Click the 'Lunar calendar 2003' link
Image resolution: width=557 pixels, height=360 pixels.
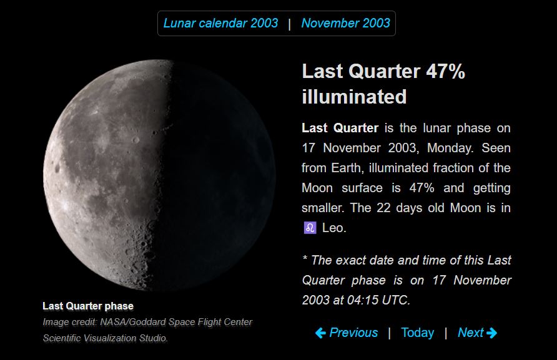[x=220, y=24]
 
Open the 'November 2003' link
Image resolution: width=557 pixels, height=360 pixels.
[x=346, y=24]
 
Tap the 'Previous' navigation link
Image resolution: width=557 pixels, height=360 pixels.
[x=353, y=333]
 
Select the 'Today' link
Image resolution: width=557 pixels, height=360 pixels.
[x=417, y=333]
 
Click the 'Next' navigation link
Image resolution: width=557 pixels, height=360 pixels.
[x=470, y=333]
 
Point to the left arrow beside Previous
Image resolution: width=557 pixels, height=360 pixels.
[x=320, y=333]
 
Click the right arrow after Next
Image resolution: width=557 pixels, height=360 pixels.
[x=491, y=333]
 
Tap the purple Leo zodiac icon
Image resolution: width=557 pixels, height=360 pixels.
[x=310, y=228]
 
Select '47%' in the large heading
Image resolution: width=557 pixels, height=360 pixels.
[x=445, y=71]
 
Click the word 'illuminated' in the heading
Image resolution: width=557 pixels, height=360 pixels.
[x=354, y=97]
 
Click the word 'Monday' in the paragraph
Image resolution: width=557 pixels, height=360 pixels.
[x=449, y=148]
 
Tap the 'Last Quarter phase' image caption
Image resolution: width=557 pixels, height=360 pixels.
[x=88, y=306]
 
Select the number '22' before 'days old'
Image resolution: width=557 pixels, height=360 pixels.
[x=383, y=208]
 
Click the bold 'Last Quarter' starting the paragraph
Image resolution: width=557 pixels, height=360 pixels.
[x=340, y=128]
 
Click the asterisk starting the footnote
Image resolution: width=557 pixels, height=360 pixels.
[x=305, y=258]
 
